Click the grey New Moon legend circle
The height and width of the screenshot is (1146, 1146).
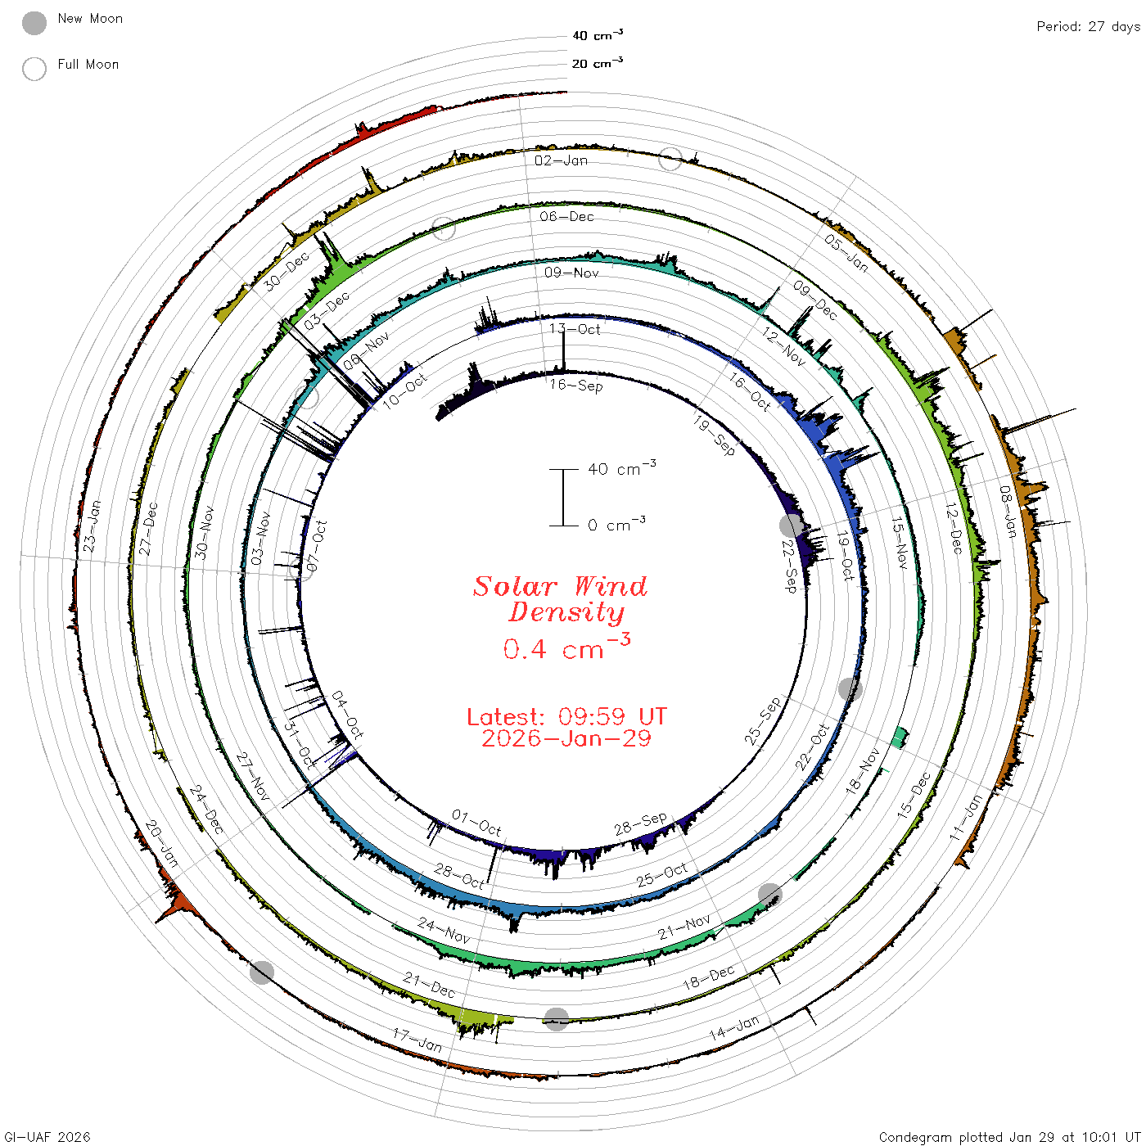(x=34, y=23)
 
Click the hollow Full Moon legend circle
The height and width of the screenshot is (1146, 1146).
(x=34, y=69)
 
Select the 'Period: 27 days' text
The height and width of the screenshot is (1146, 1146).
(x=1089, y=27)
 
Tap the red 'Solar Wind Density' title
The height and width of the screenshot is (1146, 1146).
(x=560, y=599)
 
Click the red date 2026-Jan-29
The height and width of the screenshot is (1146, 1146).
(x=566, y=738)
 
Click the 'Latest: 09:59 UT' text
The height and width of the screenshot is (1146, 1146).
(x=566, y=716)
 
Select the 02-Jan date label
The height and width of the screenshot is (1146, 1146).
(x=560, y=160)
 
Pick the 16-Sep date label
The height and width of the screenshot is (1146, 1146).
(x=575, y=385)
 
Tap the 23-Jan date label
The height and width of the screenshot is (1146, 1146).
(x=92, y=526)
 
